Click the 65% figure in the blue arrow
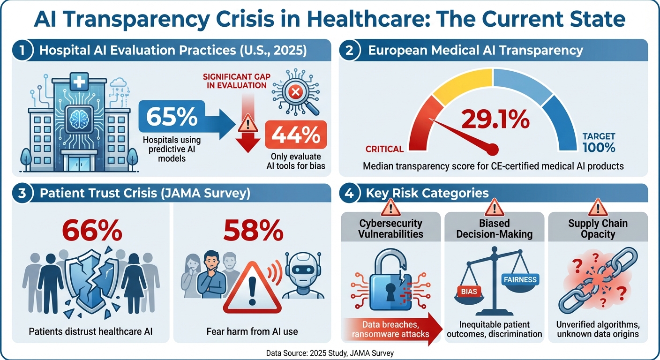[x=171, y=117]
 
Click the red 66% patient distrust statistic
[x=92, y=230]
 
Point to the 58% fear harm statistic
[x=253, y=230]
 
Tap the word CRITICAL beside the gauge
[x=384, y=149]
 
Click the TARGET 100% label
[x=599, y=142]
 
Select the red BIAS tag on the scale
[x=469, y=291]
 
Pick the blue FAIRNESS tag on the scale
[x=520, y=280]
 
